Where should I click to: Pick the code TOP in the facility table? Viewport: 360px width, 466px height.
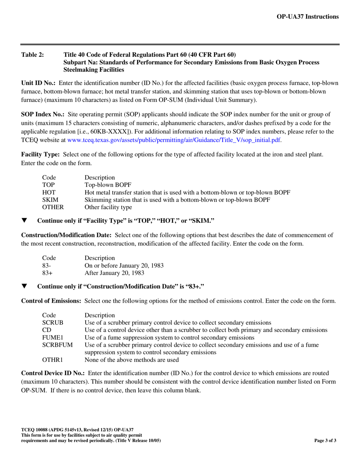click(x=48, y=185)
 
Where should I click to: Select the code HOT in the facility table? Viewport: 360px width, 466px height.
click(x=49, y=192)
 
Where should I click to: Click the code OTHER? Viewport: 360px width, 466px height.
click(x=52, y=207)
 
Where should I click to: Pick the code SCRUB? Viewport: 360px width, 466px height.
click(x=52, y=323)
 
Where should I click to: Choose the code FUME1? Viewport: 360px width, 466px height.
click(x=52, y=338)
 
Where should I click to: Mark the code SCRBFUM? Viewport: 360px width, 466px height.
click(x=57, y=345)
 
